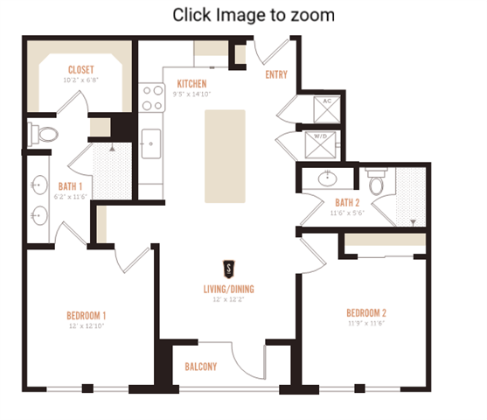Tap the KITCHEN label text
click(x=191, y=83)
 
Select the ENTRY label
click(x=276, y=74)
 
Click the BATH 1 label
click(x=70, y=185)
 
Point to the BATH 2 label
click(x=345, y=202)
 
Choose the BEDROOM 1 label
click(x=86, y=315)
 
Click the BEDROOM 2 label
click(x=365, y=312)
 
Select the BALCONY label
click(x=200, y=367)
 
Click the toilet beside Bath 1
click(x=46, y=134)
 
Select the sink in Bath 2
click(x=328, y=179)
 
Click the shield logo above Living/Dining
click(x=228, y=269)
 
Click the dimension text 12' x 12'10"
click(x=86, y=325)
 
